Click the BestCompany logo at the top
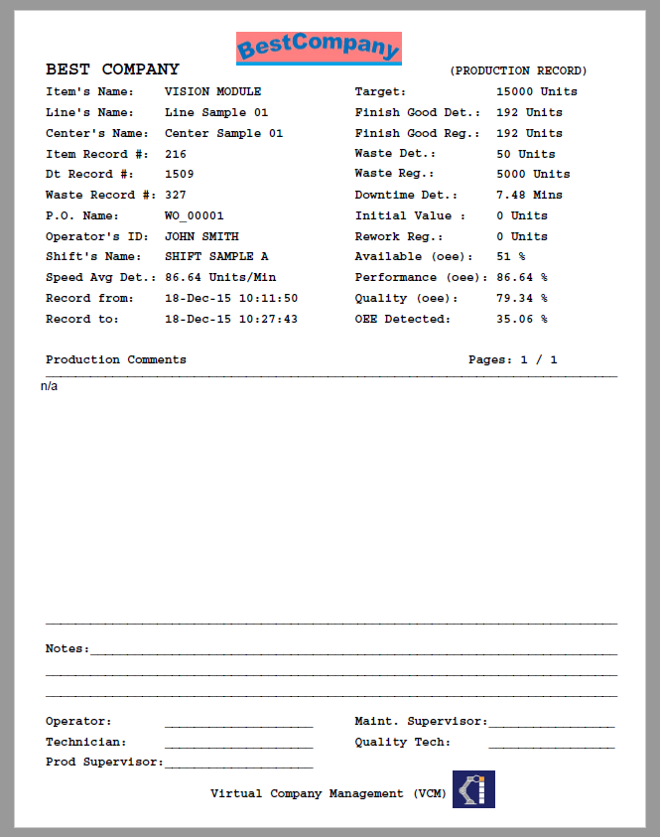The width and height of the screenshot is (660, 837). [x=319, y=47]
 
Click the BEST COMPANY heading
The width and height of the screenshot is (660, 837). [x=112, y=70]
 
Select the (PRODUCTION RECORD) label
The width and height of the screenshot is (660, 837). [x=518, y=71]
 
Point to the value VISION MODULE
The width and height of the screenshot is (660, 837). [x=213, y=91]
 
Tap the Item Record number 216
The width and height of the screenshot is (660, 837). [x=176, y=154]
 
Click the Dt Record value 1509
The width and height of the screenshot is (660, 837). [x=179, y=174]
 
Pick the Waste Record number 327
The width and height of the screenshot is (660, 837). [x=176, y=195]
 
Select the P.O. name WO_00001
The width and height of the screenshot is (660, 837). [x=195, y=215]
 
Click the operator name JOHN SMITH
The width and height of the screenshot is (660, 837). [x=201, y=236]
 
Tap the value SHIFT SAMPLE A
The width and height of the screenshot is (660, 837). [x=216, y=256]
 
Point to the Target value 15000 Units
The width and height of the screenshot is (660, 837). [x=536, y=91]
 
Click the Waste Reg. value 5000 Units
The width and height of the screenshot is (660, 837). [x=533, y=174]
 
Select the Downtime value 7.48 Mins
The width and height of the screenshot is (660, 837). [x=529, y=195]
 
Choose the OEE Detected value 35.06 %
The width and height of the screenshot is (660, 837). [x=522, y=319]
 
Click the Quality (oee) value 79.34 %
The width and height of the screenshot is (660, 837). [x=522, y=298]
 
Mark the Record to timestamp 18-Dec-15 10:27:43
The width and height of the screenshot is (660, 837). [x=231, y=319]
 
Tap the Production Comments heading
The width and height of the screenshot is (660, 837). [x=116, y=359]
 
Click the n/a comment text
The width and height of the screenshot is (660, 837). [x=50, y=386]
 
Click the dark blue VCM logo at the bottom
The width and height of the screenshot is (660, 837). [x=473, y=789]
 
